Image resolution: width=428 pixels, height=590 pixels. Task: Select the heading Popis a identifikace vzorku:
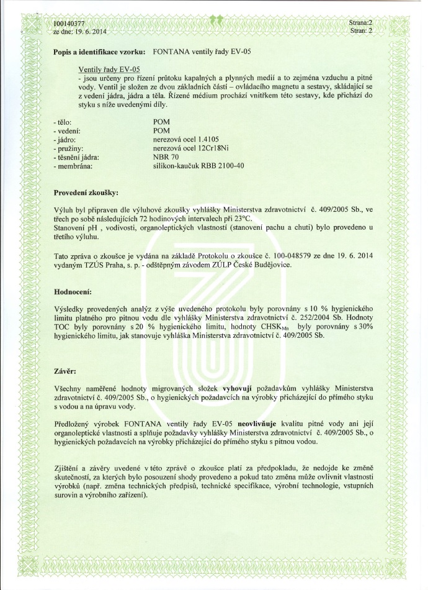(100, 52)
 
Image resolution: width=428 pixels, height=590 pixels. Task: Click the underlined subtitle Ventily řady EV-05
(109, 69)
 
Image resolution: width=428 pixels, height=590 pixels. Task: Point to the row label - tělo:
(65, 122)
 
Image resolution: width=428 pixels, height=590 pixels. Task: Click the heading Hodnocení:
(74, 291)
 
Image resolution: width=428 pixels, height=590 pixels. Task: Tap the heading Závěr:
(66, 372)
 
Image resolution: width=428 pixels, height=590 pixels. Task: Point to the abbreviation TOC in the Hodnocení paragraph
(65, 326)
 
